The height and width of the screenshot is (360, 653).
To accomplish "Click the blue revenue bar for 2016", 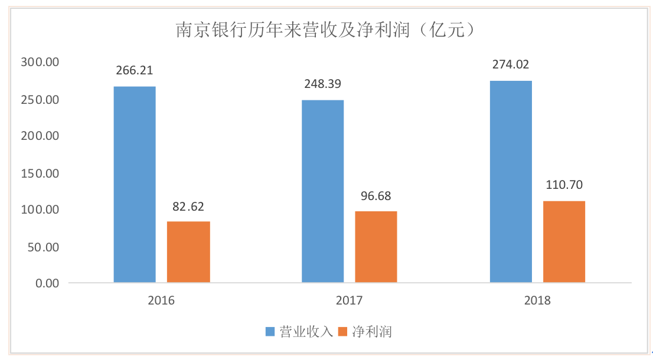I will click(x=135, y=184).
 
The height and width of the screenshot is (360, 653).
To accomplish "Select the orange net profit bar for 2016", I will click(x=188, y=252).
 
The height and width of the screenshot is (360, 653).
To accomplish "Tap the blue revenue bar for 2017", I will click(x=322, y=191).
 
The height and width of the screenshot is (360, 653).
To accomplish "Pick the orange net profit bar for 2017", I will click(x=376, y=247).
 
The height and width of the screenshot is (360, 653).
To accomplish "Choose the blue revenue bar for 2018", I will click(x=511, y=182).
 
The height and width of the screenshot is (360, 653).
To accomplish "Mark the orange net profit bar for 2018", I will click(x=564, y=241).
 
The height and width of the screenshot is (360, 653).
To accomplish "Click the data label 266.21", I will click(x=135, y=71).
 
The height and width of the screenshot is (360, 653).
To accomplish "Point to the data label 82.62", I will click(x=188, y=207).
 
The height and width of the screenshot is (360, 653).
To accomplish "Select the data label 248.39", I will click(x=322, y=84).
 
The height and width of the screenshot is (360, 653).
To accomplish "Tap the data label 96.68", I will click(x=376, y=196).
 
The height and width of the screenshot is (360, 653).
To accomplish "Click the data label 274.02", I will click(x=511, y=65).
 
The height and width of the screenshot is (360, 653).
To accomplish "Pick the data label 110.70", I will click(x=564, y=185).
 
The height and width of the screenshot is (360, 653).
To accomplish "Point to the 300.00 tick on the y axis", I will click(x=40, y=62).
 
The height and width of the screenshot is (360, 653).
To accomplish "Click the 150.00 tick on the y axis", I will click(x=40, y=173).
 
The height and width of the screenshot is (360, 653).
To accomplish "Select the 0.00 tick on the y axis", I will click(x=47, y=283).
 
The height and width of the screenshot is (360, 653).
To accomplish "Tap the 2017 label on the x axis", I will click(x=349, y=301).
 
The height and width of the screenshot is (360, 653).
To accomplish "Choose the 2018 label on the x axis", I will click(x=537, y=301).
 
